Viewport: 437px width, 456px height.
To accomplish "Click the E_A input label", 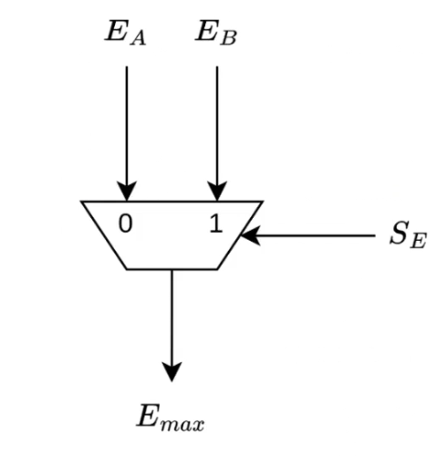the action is (x=125, y=34).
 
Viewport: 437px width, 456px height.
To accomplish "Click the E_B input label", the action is (x=215, y=33).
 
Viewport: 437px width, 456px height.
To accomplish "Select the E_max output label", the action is (x=171, y=418).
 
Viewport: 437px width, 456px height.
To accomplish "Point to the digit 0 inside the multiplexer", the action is (x=126, y=223).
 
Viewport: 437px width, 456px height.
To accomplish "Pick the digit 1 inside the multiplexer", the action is (x=216, y=223).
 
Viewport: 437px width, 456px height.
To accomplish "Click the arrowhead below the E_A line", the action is (x=127, y=191).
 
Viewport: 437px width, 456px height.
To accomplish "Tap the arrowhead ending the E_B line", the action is (x=217, y=191).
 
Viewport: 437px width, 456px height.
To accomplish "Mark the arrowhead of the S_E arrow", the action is (x=251, y=235).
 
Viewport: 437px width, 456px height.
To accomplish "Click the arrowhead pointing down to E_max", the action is (x=172, y=371).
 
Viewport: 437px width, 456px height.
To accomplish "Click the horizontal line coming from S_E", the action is (x=308, y=235).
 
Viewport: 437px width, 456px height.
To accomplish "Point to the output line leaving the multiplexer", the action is (x=172, y=326).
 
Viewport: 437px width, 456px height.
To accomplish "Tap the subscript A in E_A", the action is (x=138, y=39).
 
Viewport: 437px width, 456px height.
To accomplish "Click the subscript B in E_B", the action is (x=228, y=39).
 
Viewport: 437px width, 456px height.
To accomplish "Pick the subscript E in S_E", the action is (x=418, y=242).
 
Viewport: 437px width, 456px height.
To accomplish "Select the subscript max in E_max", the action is (x=182, y=424).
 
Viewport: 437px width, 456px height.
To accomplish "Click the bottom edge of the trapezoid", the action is (x=172, y=269).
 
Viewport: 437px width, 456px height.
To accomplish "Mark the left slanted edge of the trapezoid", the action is (x=104, y=235).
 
